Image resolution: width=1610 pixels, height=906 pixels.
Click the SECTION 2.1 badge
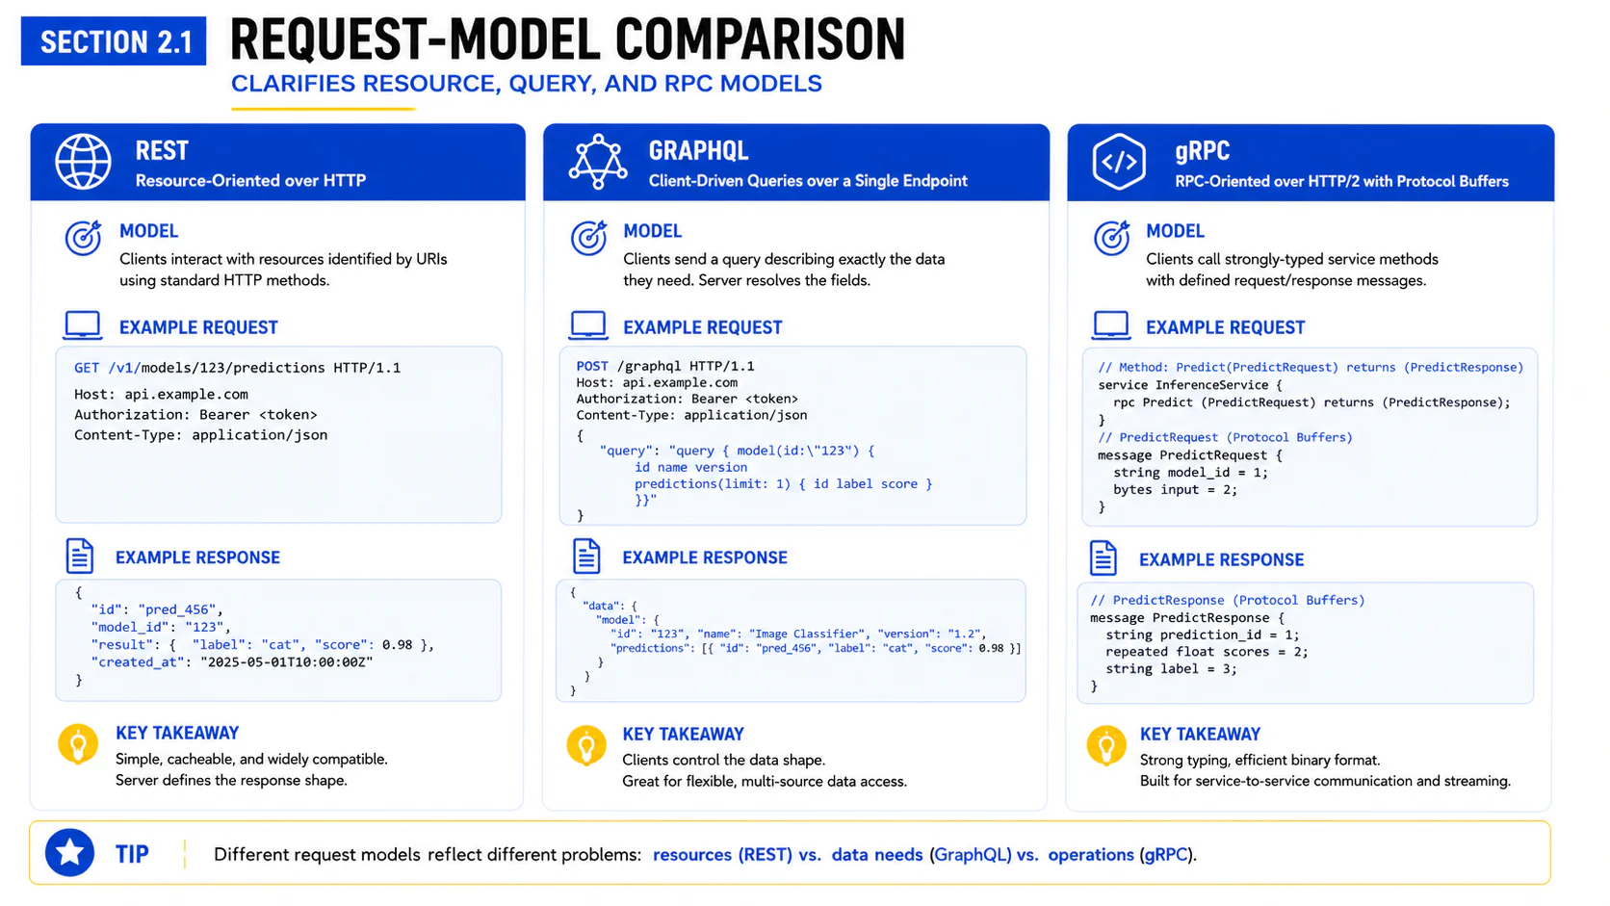pos(114,41)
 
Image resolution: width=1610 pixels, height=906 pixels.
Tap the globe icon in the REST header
pos(84,162)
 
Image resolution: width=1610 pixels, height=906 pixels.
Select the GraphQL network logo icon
pos(598,162)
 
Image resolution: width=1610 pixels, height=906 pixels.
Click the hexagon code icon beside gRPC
pos(1119,162)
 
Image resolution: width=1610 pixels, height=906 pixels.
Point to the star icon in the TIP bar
pos(69,853)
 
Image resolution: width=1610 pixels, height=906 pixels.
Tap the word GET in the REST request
pos(87,368)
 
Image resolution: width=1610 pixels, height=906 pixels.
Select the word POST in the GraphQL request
pos(591,366)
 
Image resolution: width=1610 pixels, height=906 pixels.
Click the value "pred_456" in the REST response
pos(180,609)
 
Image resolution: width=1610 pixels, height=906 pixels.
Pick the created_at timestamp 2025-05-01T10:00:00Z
pos(287,661)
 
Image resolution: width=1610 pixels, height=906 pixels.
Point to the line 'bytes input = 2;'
pos(1175,489)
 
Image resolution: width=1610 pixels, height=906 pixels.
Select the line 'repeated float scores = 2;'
pos(1207,652)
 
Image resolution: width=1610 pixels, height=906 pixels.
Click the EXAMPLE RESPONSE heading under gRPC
pos(1221,559)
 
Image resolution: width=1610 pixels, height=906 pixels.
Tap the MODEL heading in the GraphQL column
pos(652,231)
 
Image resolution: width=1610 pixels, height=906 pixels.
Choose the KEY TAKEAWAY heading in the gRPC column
pos(1200,735)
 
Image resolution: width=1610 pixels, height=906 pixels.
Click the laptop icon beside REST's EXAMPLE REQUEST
pos(83,324)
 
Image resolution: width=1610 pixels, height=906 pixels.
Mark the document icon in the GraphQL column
pos(586,557)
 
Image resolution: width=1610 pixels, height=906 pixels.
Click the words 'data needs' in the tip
pos(877,854)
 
